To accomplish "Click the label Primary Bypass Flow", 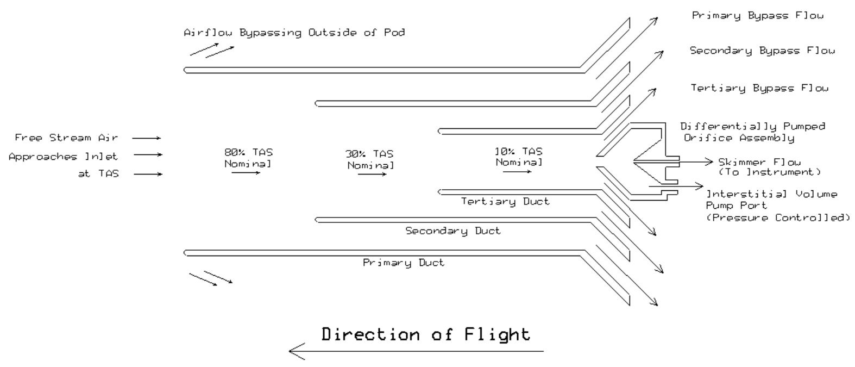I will click(757, 16).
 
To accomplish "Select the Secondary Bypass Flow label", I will click(762, 51).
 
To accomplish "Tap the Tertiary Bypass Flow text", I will click(759, 88).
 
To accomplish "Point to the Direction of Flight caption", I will click(425, 334).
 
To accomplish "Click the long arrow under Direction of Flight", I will click(416, 351).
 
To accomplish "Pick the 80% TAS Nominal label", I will click(248, 158).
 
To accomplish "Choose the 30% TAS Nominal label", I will click(370, 159).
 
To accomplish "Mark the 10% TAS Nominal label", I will click(519, 157).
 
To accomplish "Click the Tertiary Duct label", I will click(505, 202).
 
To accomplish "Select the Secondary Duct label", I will click(453, 231).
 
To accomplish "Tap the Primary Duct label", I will click(404, 263).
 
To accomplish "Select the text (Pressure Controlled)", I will click(777, 218).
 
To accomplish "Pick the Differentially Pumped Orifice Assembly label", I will click(752, 132).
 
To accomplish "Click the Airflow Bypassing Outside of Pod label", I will click(294, 33).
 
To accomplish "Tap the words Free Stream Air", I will click(66, 138).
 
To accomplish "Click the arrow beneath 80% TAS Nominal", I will click(246, 173).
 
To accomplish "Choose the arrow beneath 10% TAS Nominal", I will click(517, 172).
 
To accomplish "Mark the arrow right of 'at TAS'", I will click(148, 175).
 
